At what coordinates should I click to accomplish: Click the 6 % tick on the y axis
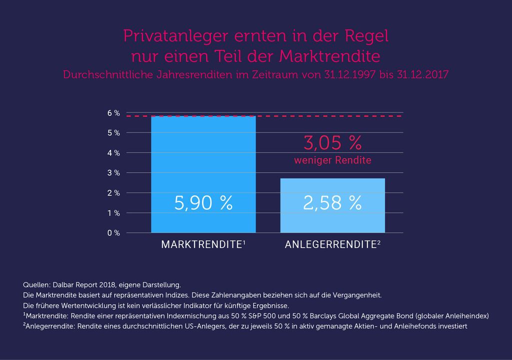pos(113,113)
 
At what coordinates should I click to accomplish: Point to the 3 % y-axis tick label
pos(113,173)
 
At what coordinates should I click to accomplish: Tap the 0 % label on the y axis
pos(113,233)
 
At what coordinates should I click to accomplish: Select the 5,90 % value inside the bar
pos(203,203)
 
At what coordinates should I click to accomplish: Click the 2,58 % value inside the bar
pos(332,203)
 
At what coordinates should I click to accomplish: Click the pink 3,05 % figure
pos(332,143)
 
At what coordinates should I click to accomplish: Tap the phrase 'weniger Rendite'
pos(332,160)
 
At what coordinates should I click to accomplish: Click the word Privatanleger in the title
pos(175,36)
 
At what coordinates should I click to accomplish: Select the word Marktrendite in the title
pos(329,56)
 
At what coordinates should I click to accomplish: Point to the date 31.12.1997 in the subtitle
pos(349,74)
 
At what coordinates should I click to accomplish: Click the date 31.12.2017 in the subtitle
pos(423,74)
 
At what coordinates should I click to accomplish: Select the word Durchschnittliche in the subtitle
pos(108,74)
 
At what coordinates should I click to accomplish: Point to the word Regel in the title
pos(366,36)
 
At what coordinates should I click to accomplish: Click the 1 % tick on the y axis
pos(113,213)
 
